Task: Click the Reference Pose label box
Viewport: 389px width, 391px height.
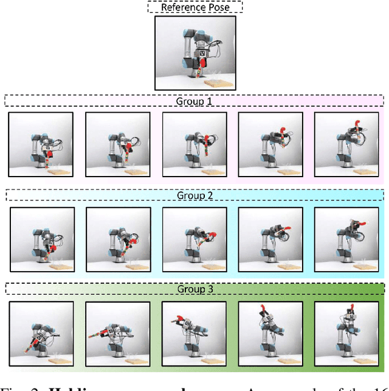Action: (x=194, y=7)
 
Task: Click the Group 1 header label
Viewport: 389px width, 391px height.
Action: (x=194, y=100)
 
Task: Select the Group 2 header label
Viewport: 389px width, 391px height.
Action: (x=194, y=195)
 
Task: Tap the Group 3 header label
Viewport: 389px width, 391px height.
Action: (x=194, y=289)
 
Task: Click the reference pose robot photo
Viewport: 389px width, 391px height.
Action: (x=195, y=53)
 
